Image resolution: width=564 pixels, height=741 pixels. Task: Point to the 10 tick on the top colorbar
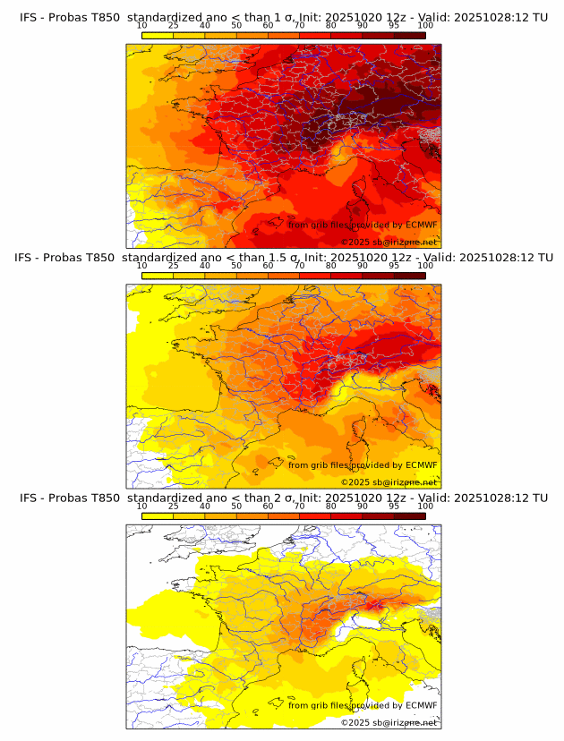(x=141, y=26)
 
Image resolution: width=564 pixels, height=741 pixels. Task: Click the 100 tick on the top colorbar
(x=425, y=26)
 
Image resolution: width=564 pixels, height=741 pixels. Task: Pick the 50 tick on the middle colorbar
(x=236, y=266)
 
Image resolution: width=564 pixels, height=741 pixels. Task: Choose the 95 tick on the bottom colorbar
(x=394, y=507)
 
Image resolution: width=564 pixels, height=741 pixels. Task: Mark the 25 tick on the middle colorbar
(x=173, y=266)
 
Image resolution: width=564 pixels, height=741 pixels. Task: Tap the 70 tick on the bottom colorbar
(x=299, y=507)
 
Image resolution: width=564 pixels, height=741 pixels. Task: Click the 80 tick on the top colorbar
(x=331, y=26)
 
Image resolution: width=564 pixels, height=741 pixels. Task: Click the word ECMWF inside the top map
(x=421, y=225)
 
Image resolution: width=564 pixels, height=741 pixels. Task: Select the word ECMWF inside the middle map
(x=421, y=464)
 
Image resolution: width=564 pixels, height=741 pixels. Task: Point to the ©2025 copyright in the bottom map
(x=355, y=722)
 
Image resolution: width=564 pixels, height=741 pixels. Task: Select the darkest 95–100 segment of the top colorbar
(x=410, y=35)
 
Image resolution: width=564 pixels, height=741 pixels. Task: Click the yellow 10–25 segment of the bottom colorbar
(x=158, y=515)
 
